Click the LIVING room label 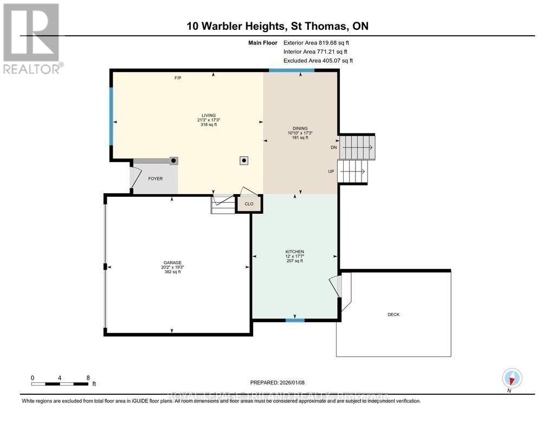pyautogui.click(x=209, y=116)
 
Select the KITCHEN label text pyautogui.click(x=295, y=252)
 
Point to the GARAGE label pyautogui.click(x=172, y=262)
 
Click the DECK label pyautogui.click(x=393, y=315)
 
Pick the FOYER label pyautogui.click(x=155, y=178)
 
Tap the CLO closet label pyautogui.click(x=249, y=204)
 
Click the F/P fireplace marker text pyautogui.click(x=177, y=78)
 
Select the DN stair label pyautogui.click(x=334, y=148)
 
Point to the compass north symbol pyautogui.click(x=512, y=378)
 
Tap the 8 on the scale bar pyautogui.click(x=87, y=377)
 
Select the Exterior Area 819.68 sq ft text pyautogui.click(x=318, y=42)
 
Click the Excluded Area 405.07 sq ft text pyautogui.click(x=318, y=61)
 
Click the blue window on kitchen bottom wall pyautogui.click(x=295, y=321)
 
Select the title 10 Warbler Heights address pyautogui.click(x=277, y=26)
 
